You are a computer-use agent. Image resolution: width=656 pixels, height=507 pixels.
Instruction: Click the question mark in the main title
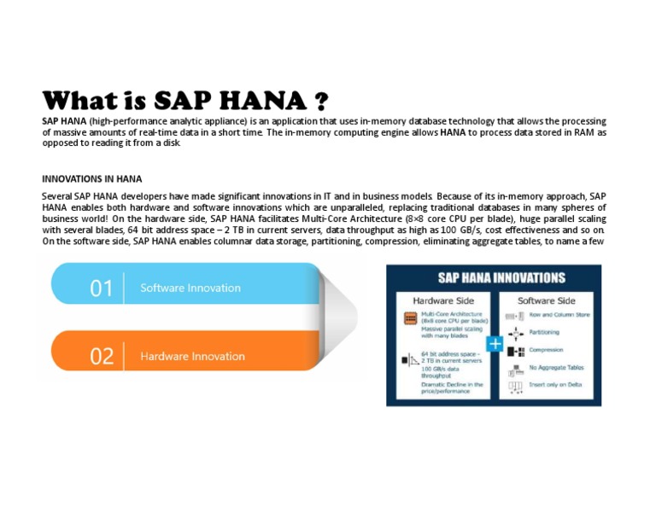[x=319, y=102]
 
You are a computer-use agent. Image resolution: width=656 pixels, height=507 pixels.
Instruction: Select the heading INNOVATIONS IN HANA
[x=92, y=179]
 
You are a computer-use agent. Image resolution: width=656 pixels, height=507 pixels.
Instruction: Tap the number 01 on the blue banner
[x=101, y=288]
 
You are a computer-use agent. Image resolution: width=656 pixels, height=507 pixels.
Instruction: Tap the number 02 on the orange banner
[x=101, y=357]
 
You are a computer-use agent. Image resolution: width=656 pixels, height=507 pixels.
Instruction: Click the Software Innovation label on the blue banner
[x=190, y=288]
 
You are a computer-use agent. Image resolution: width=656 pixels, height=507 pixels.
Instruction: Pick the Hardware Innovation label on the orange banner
[x=192, y=357]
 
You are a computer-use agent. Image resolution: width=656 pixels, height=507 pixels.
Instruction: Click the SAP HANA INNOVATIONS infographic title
[x=501, y=278]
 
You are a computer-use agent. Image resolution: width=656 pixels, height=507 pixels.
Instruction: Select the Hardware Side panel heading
[x=444, y=300]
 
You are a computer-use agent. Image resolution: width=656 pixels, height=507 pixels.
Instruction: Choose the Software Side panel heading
[x=547, y=300]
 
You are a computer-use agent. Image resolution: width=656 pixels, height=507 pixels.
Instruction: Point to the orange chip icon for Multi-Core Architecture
[x=410, y=318]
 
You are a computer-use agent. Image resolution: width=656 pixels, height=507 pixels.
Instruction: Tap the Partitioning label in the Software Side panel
[x=544, y=333]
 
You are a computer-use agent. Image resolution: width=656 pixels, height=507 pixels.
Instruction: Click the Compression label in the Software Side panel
[x=547, y=350]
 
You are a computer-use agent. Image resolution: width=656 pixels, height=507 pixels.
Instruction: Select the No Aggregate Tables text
[x=556, y=368]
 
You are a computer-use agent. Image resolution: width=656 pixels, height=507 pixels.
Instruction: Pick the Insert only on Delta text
[x=557, y=386]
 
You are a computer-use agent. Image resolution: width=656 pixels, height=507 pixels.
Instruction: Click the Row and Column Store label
[x=559, y=315]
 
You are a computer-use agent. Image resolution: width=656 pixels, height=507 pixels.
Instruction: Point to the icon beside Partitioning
[x=515, y=333]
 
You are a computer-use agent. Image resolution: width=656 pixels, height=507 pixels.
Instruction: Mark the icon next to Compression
[x=515, y=350]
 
